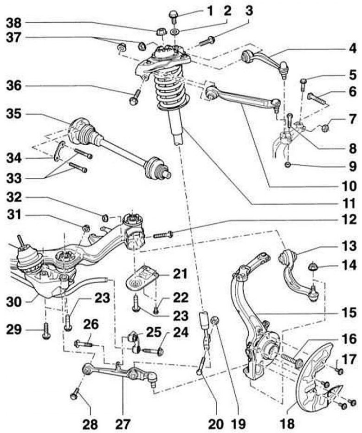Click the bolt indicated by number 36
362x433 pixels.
(x=135, y=97)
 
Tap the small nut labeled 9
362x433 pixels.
(x=289, y=164)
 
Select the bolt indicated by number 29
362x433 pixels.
(x=45, y=330)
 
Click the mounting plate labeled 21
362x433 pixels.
(x=143, y=277)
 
